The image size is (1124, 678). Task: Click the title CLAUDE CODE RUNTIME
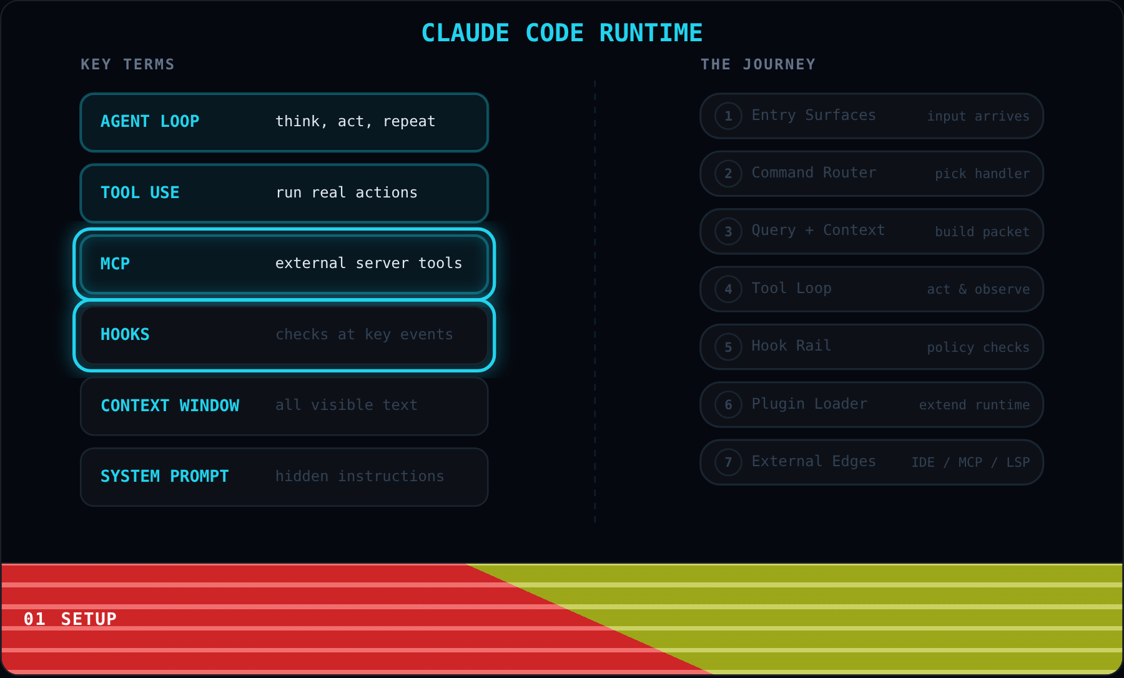click(x=562, y=33)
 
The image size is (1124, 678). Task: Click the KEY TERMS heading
click(x=127, y=64)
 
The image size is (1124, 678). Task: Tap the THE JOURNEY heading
click(x=758, y=64)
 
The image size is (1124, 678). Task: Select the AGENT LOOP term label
click(x=150, y=121)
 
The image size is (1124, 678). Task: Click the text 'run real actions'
click(x=347, y=192)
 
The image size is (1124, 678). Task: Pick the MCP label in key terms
click(x=115, y=264)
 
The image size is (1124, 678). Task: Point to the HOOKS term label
click(x=125, y=334)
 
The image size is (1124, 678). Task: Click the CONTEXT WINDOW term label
click(x=170, y=406)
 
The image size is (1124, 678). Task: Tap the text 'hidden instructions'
click(x=360, y=476)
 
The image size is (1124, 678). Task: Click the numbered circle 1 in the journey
click(x=728, y=116)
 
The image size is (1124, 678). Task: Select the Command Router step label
click(x=814, y=172)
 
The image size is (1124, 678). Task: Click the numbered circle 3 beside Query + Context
click(x=728, y=232)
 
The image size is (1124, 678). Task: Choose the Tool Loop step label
click(x=791, y=288)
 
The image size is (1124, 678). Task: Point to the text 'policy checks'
click(x=978, y=347)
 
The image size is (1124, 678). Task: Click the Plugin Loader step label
click(x=809, y=404)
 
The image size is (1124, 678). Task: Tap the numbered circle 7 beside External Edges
click(x=728, y=462)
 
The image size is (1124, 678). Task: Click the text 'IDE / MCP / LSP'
click(x=970, y=462)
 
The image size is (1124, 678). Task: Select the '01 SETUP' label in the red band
click(x=70, y=619)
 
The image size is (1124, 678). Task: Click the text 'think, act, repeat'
click(x=355, y=121)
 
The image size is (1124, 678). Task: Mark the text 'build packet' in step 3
click(x=982, y=232)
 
